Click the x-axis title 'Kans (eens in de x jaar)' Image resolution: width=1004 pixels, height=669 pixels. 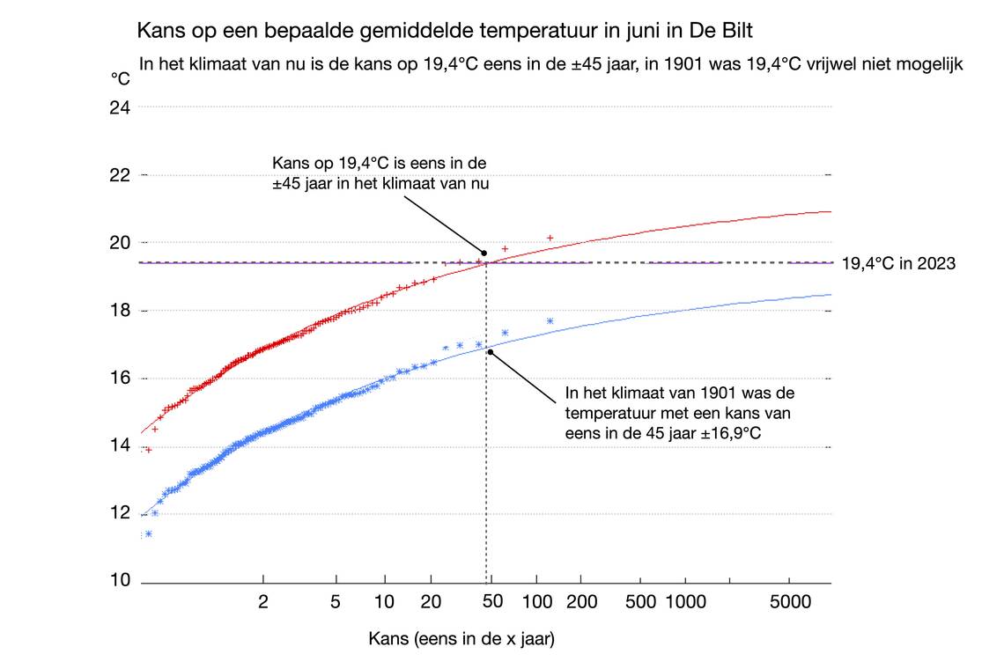[x=461, y=639]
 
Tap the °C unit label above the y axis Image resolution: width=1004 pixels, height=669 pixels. [x=120, y=78]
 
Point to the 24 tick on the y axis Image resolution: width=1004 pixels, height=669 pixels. [x=120, y=107]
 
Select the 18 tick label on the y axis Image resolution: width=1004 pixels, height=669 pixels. [x=120, y=311]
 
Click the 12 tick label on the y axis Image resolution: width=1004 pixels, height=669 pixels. [x=120, y=513]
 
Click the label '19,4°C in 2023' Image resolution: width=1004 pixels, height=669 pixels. [x=898, y=263]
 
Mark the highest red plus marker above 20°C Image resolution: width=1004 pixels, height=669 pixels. [x=550, y=238]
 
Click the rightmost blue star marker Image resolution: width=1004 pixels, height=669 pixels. [x=550, y=320]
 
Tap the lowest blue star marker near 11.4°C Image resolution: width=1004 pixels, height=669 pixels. [x=148, y=533]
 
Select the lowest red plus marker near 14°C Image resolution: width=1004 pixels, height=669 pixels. [x=148, y=449]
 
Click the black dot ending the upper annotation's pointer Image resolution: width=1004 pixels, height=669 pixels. [x=484, y=253]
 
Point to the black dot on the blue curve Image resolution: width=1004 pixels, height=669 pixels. [x=490, y=352]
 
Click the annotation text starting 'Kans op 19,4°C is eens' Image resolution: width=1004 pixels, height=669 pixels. [x=380, y=173]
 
